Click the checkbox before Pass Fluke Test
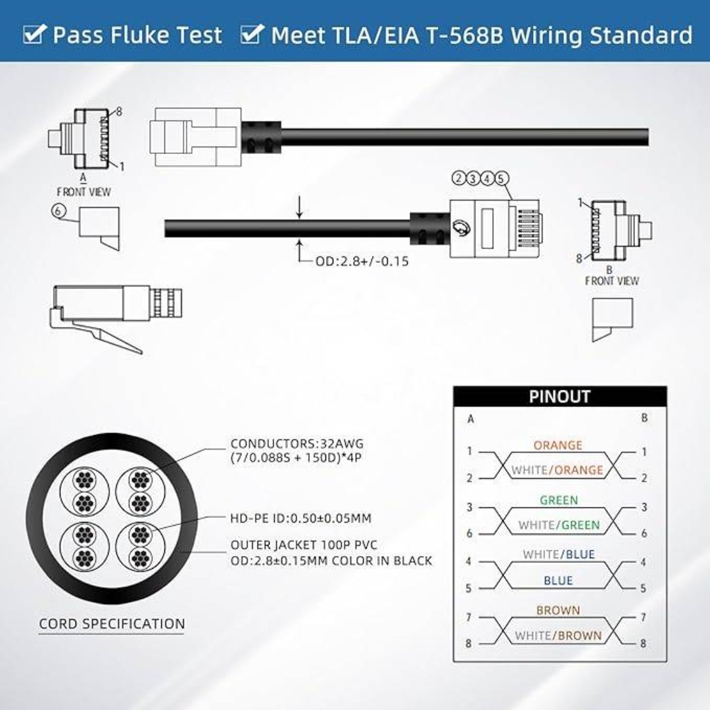click(x=34, y=34)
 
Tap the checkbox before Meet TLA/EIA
click(x=252, y=34)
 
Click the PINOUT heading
click(x=559, y=396)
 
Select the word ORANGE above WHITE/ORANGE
click(x=558, y=445)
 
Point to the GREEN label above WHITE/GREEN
click(x=559, y=500)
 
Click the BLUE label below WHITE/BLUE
click(x=558, y=580)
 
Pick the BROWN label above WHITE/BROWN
click(x=558, y=610)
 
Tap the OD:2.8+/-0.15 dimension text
click(x=362, y=261)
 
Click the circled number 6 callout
click(x=59, y=211)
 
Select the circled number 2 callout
click(x=459, y=178)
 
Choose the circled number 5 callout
click(x=501, y=178)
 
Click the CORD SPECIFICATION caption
click(x=112, y=624)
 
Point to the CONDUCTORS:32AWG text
click(x=297, y=444)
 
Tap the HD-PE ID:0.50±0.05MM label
click(x=300, y=518)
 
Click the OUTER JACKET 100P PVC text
click(x=304, y=545)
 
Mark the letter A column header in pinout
click(x=471, y=419)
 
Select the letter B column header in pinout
click(x=644, y=418)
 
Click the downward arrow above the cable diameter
click(x=299, y=207)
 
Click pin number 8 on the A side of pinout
click(x=469, y=643)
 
